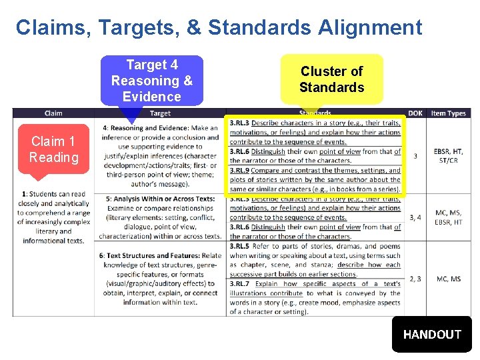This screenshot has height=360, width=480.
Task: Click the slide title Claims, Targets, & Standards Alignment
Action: pos(219,28)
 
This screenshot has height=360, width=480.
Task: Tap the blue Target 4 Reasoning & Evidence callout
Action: pos(151,81)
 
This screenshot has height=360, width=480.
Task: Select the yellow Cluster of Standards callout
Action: pos(331,79)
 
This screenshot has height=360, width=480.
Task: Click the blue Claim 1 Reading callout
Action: pos(53,149)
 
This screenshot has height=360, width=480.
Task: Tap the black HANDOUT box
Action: pos(432,334)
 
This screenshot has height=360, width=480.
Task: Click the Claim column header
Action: pos(53,113)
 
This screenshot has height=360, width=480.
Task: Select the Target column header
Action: pos(160,113)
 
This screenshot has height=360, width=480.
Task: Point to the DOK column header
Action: pos(415,113)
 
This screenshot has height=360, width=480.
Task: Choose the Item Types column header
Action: pos(448,113)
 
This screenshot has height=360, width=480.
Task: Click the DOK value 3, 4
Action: pos(415,217)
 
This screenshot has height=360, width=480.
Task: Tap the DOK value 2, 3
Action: pos(415,279)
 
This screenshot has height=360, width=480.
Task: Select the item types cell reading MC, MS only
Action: pos(448,279)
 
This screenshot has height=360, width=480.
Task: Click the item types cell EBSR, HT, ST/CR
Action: pos(448,156)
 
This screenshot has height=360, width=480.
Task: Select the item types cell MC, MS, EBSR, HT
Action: pos(448,217)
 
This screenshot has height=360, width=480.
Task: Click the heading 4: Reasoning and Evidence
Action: pos(143,128)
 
